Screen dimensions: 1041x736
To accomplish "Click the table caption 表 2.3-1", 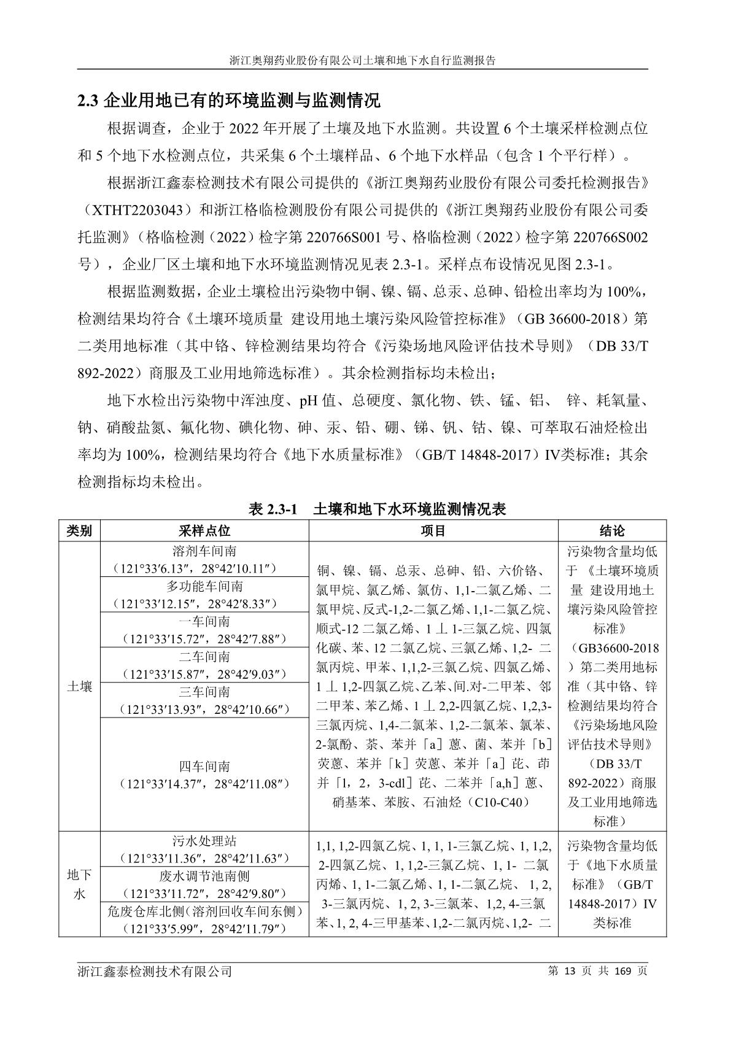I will coord(377,509).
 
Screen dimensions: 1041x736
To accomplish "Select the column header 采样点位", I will coord(204,531).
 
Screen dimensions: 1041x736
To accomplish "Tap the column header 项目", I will coord(433,531).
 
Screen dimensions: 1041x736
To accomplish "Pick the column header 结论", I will coord(612,531).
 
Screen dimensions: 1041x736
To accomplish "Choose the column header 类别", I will coord(79,531).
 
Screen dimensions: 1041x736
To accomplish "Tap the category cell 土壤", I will coord(79,686).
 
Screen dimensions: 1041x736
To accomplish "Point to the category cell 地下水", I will coord(79,884).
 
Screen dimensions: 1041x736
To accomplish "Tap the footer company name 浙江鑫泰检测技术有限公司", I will coord(155,972).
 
